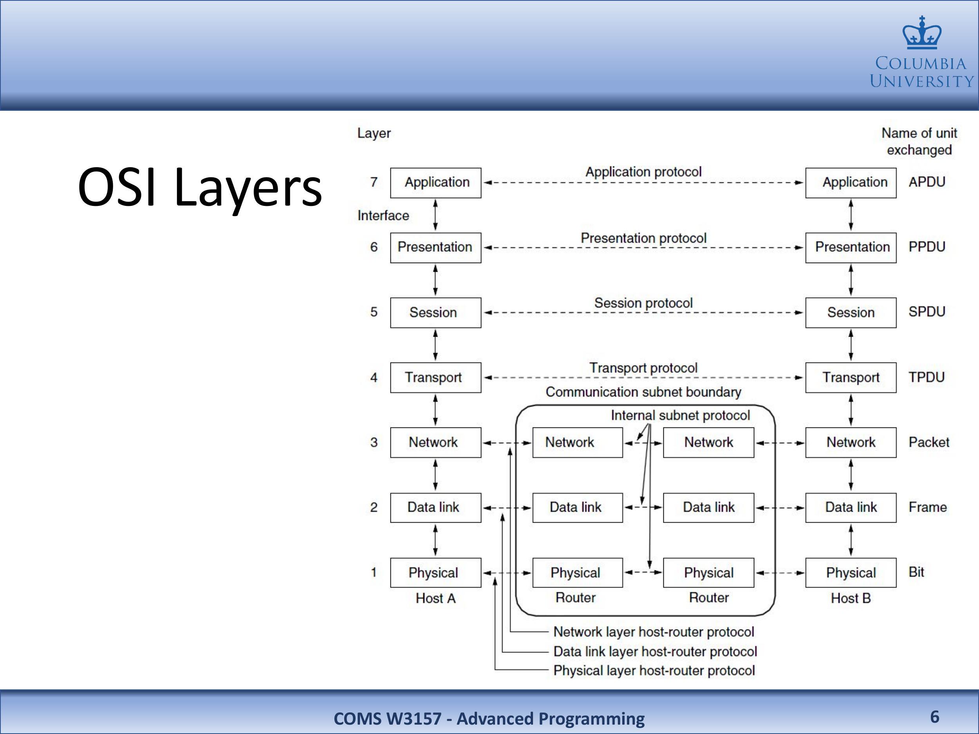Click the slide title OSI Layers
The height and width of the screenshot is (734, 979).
200,187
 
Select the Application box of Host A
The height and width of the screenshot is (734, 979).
435,183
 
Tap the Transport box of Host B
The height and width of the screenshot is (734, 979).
851,377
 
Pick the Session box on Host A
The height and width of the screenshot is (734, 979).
435,312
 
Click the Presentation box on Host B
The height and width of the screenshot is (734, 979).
851,248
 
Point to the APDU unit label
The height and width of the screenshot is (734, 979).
927,182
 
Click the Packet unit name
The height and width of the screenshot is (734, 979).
929,442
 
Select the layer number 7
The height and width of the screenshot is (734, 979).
374,182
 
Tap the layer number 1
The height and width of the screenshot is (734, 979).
374,572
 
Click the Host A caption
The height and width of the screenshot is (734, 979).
435,598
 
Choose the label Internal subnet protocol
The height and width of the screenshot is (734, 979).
680,415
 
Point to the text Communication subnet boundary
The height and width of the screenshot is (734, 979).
643,392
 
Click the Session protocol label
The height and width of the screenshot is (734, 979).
643,303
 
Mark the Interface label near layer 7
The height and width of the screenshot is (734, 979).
383,215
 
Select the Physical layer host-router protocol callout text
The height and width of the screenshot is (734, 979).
654,670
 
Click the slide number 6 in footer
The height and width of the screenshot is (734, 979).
935,717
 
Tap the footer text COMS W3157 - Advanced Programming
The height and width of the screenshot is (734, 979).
489,718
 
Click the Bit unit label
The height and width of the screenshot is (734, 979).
916,572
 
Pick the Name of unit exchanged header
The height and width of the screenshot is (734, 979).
919,142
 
